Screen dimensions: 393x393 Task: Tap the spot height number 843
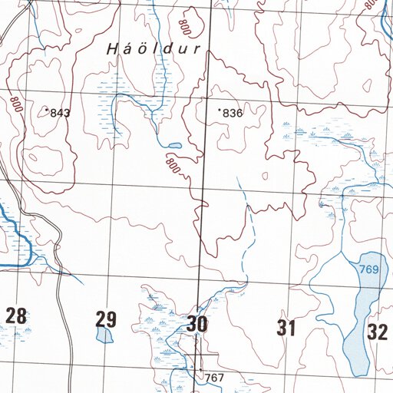click(x=60, y=113)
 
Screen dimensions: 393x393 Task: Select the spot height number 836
click(x=233, y=114)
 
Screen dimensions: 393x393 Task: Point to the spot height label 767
click(x=214, y=378)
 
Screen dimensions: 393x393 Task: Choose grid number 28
click(x=16, y=315)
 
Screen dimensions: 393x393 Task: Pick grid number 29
click(x=106, y=319)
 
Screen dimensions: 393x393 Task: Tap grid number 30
click(x=196, y=324)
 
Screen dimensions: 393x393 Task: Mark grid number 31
click(x=286, y=329)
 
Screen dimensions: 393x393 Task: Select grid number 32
click(x=377, y=332)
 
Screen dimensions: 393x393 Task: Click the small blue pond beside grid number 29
click(x=104, y=335)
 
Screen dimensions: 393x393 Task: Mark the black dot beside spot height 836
click(x=220, y=111)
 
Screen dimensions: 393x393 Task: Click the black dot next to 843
click(x=47, y=111)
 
